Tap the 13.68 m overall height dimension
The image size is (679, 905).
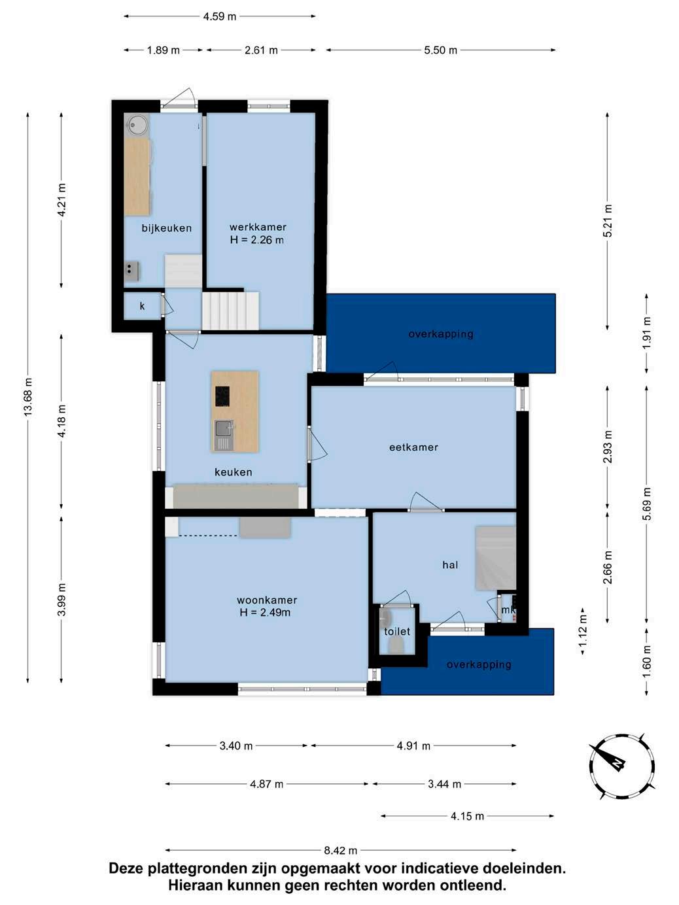click(27, 397)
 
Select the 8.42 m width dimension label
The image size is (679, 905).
click(341, 850)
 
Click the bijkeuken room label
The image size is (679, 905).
click(167, 228)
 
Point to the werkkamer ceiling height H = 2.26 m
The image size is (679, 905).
click(257, 240)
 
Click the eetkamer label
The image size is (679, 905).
click(413, 447)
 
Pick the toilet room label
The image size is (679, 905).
click(397, 631)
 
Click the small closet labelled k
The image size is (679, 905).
click(142, 306)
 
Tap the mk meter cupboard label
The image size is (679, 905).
click(508, 609)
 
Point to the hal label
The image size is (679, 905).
click(450, 565)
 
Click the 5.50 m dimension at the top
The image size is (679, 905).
click(441, 50)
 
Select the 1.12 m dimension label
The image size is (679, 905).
click(583, 631)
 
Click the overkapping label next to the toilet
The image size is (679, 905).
click(479, 664)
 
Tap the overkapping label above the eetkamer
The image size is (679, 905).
click(441, 333)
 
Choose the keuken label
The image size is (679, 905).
click(234, 472)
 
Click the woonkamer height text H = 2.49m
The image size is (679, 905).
click(265, 613)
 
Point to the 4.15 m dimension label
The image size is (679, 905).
click(468, 816)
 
